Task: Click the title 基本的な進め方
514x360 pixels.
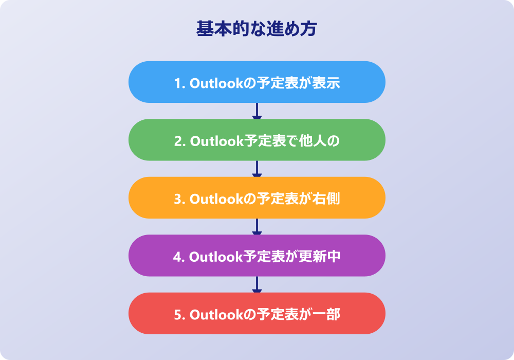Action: click(x=256, y=28)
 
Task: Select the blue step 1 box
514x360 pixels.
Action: click(x=256, y=82)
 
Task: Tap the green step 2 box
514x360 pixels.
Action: click(x=256, y=140)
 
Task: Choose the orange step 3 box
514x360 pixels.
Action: click(x=256, y=197)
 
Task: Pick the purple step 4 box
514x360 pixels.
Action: click(x=256, y=256)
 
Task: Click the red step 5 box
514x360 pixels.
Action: click(x=256, y=313)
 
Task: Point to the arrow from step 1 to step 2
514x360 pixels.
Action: click(x=256, y=111)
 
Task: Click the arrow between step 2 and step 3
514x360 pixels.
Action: click(x=256, y=169)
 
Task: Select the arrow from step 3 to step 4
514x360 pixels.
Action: click(x=256, y=227)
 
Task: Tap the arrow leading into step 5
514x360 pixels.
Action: click(x=256, y=284)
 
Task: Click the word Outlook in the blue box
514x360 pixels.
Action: click(x=216, y=83)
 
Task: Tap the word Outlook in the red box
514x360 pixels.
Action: click(x=216, y=314)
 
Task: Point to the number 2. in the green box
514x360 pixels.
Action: click(x=180, y=141)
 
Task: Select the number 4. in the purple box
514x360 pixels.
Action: click(x=179, y=257)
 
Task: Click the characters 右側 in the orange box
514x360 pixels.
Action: click(x=326, y=199)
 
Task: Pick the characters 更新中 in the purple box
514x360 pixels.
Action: click(x=320, y=257)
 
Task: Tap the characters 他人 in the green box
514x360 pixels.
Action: click(x=313, y=140)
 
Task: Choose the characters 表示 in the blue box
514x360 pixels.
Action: click(x=326, y=83)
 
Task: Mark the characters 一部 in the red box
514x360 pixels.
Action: click(x=326, y=314)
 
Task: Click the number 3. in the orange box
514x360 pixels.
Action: click(x=180, y=199)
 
